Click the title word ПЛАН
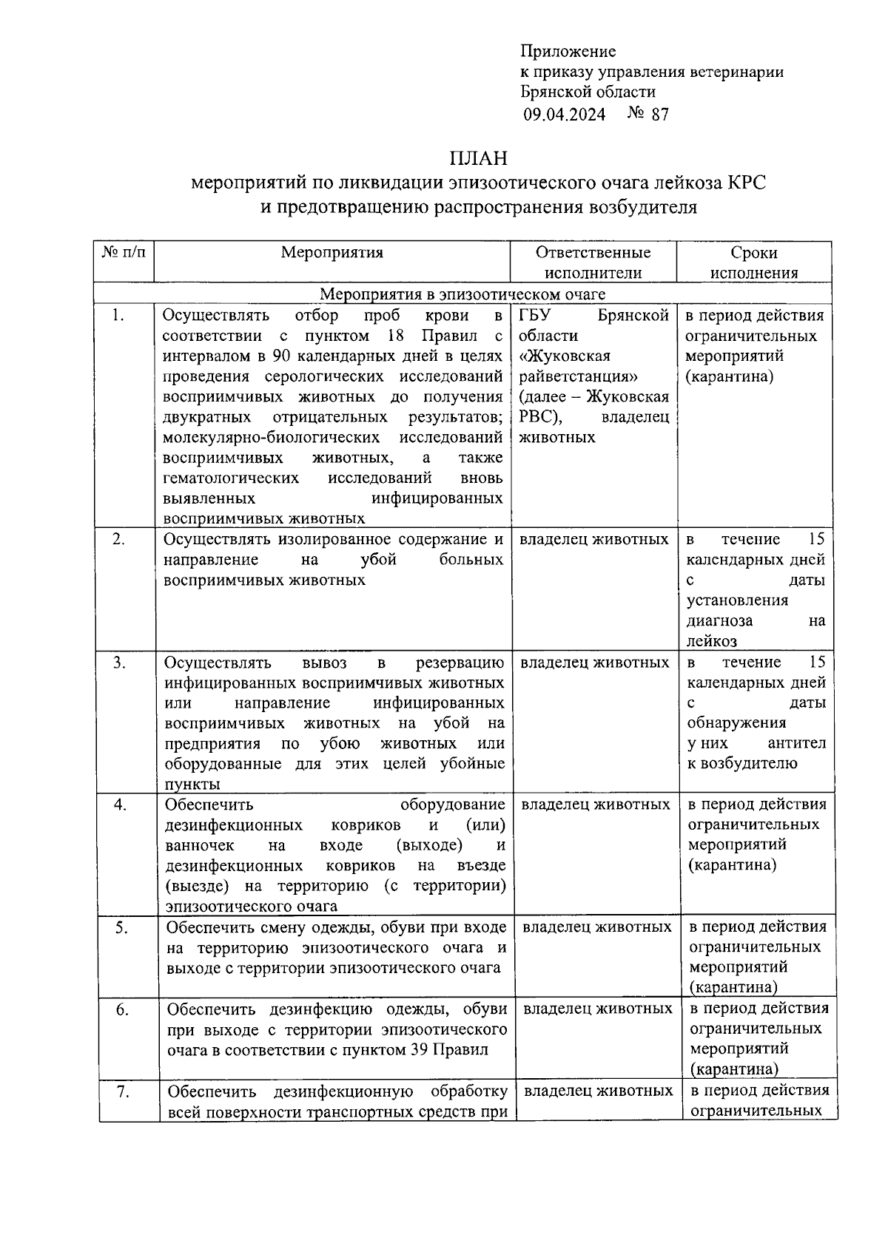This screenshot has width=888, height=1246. click(x=478, y=159)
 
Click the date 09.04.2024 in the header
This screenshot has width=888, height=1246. click(x=565, y=114)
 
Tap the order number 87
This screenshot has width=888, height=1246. click(x=659, y=114)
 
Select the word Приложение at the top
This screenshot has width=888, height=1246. click(x=568, y=51)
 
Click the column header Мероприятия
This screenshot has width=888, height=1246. click(x=332, y=252)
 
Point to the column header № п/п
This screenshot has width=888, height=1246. click(x=124, y=252)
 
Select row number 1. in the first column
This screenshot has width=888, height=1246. click(x=118, y=316)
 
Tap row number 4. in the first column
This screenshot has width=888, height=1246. click(x=120, y=805)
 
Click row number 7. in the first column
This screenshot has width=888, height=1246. click(x=123, y=1091)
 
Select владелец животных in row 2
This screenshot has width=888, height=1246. click(x=593, y=540)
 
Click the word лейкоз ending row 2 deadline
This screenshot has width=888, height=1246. click(x=711, y=641)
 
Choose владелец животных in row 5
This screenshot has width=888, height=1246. click(x=596, y=927)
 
